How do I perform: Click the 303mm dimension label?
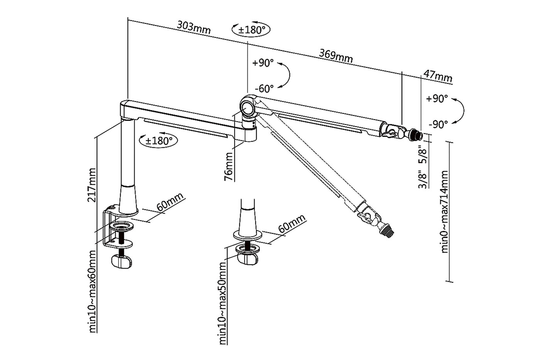pyautogui.click(x=194, y=27)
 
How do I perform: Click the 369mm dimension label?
pyautogui.click(x=336, y=55)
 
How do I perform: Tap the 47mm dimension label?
pyautogui.click(x=437, y=76)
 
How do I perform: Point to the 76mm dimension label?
pyautogui.click(x=229, y=167)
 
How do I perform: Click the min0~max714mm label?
pyautogui.click(x=445, y=211)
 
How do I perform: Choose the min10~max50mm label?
pyautogui.click(x=223, y=303)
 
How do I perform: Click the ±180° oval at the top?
pyautogui.click(x=251, y=30)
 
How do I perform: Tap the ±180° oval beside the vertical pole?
pyautogui.click(x=159, y=140)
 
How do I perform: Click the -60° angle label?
pyautogui.click(x=264, y=88)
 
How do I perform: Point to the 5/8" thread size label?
pyautogui.click(x=423, y=155)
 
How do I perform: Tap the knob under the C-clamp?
pyautogui.click(x=122, y=262)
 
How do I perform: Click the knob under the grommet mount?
pyautogui.click(x=247, y=258)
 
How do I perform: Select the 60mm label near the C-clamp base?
pyautogui.click(x=169, y=202)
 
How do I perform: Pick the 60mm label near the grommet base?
pyautogui.click(x=292, y=224)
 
